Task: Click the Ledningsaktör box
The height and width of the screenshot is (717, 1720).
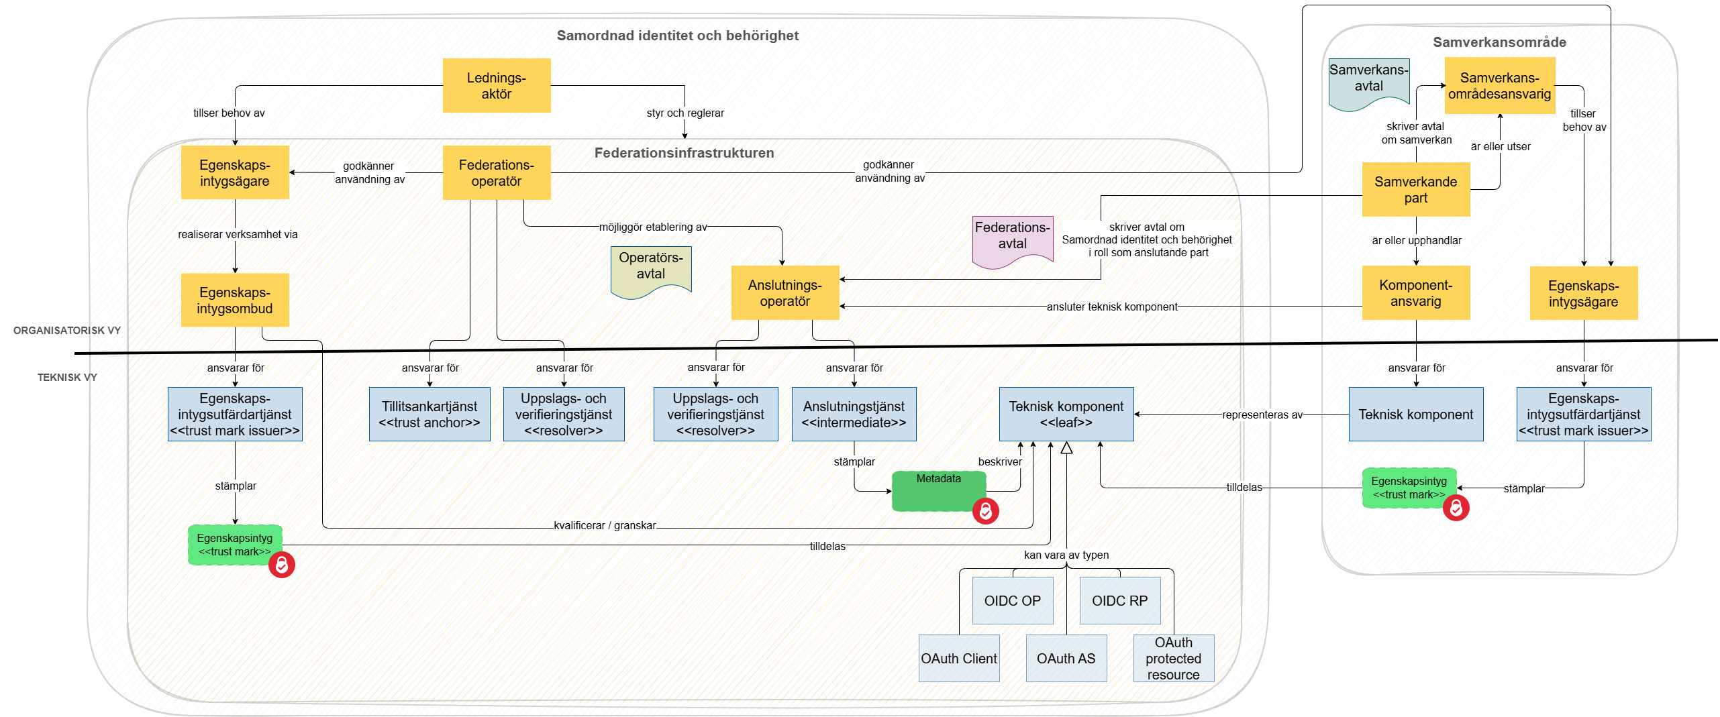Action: [496, 85]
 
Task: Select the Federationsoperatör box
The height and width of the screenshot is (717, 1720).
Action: [496, 172]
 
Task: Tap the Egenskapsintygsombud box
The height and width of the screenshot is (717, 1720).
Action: [234, 300]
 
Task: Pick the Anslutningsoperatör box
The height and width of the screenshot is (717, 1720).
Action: [785, 292]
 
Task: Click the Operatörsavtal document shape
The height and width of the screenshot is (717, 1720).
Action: [650, 269]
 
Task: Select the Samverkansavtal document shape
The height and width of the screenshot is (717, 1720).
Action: [1368, 82]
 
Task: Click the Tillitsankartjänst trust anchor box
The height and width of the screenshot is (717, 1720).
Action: [429, 414]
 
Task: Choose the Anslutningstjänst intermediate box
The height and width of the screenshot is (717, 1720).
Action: [854, 414]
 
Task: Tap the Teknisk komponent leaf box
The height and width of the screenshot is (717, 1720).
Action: [1066, 414]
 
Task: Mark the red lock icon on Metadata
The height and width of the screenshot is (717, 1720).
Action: [985, 511]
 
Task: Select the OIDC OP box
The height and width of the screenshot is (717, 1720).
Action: [1012, 600]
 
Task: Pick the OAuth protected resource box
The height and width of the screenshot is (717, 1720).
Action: [1173, 658]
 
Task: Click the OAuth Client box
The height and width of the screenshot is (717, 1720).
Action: [958, 658]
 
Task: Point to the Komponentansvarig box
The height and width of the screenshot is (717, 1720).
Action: [1415, 292]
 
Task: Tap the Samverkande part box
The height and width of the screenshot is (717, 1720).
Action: [1415, 189]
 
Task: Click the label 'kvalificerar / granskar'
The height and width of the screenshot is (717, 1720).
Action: [605, 525]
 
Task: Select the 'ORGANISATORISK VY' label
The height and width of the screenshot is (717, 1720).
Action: [67, 330]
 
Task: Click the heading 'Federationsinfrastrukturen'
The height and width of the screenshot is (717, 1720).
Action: [684, 153]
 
